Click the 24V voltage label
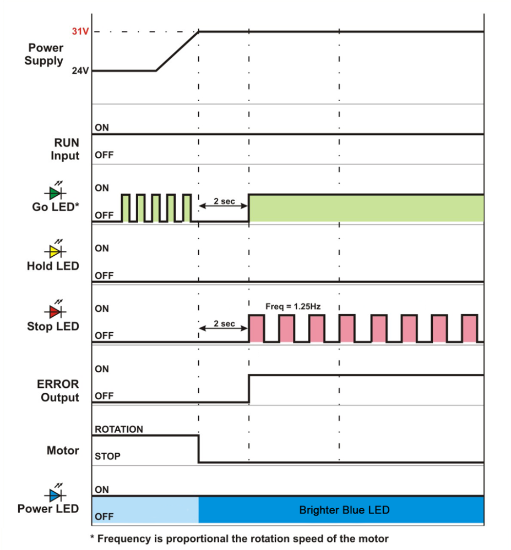80,71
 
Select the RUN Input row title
65,149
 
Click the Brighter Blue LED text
344,510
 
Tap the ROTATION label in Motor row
119,429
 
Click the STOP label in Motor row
107,457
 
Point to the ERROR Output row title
58,391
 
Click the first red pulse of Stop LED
257,328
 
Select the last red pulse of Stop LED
470,328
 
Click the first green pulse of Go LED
126,208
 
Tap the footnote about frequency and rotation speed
239,538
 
